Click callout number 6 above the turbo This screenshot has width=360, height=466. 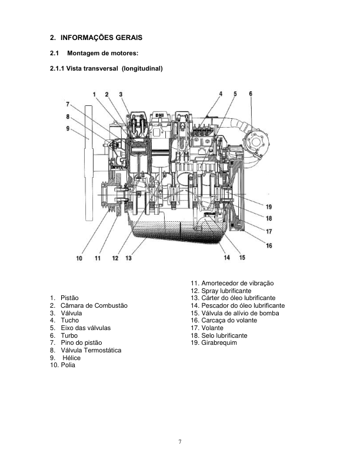pyautogui.click(x=251, y=94)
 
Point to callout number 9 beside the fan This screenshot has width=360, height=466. pyautogui.click(x=68, y=128)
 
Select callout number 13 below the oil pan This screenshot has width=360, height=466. pyautogui.click(x=128, y=257)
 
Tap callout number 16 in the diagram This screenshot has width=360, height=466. pyautogui.click(x=268, y=245)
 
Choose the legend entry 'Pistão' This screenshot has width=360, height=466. pyautogui.click(x=69, y=298)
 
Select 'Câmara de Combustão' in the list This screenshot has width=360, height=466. pyautogui.click(x=94, y=306)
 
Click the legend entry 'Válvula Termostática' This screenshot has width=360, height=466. pyautogui.click(x=91, y=350)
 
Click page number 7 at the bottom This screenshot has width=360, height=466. pyautogui.click(x=180, y=442)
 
